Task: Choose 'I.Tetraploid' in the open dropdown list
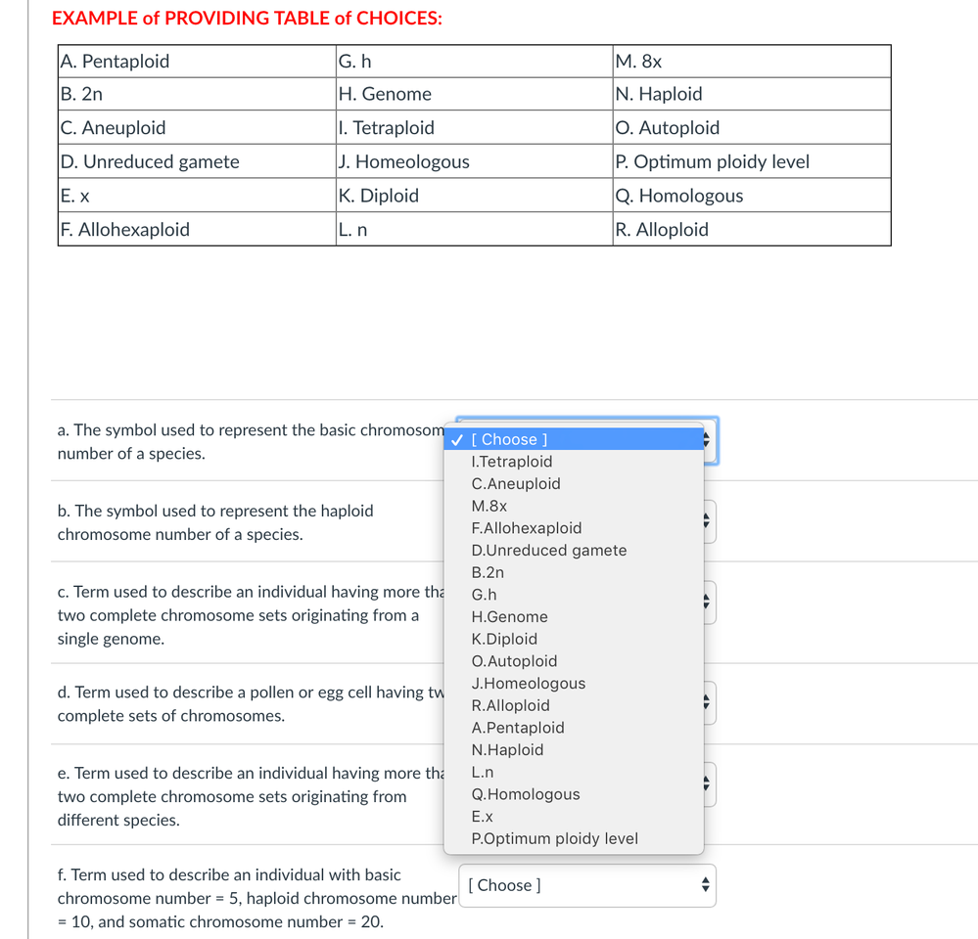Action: (512, 462)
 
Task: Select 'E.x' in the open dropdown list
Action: (483, 817)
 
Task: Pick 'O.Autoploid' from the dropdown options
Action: (514, 661)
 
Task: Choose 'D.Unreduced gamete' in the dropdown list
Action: (549, 551)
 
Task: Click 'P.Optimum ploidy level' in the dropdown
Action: (554, 839)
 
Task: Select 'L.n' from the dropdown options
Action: (483, 773)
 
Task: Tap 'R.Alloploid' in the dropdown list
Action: (510, 706)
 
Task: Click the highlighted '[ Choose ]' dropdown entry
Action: (510, 440)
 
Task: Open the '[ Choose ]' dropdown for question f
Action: (586, 885)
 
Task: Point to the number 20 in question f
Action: (372, 922)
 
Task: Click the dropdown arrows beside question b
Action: (707, 521)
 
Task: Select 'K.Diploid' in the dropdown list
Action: (504, 640)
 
